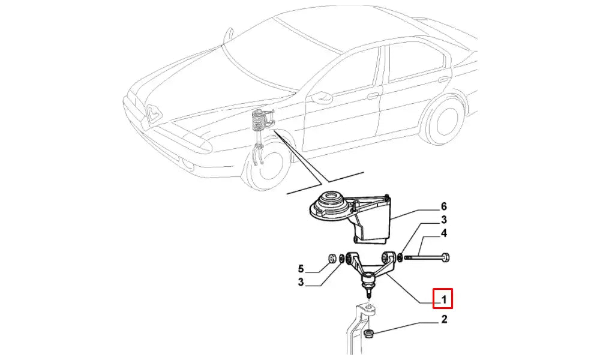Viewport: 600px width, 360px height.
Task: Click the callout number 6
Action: pyautogui.click(x=443, y=206)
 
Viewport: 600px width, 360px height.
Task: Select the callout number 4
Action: pyautogui.click(x=443, y=233)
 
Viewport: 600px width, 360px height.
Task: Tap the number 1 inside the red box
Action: pyautogui.click(x=443, y=299)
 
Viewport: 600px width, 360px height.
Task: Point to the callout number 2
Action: pyautogui.click(x=444, y=319)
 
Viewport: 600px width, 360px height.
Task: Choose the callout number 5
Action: pyautogui.click(x=301, y=269)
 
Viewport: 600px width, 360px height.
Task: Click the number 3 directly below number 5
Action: pyautogui.click(x=301, y=283)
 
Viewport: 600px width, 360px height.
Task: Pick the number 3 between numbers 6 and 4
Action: pyautogui.click(x=443, y=220)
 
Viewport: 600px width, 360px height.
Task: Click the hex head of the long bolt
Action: pyautogui.click(x=445, y=257)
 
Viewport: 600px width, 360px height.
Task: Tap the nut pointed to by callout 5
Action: pyautogui.click(x=332, y=259)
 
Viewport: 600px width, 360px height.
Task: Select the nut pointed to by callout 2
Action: pyautogui.click(x=369, y=334)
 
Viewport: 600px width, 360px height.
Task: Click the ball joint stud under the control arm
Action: pyautogui.click(x=368, y=293)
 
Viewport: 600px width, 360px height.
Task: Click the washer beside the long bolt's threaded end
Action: pyautogui.click(x=400, y=257)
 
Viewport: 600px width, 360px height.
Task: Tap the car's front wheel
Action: pyautogui.click(x=267, y=165)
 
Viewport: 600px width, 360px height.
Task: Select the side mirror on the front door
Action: pyautogui.click(x=321, y=98)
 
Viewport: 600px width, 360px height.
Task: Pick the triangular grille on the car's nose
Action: pyautogui.click(x=154, y=113)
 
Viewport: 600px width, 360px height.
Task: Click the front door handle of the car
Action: pyautogui.click(x=373, y=96)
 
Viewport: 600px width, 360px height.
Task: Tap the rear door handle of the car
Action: pyautogui.click(x=443, y=80)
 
